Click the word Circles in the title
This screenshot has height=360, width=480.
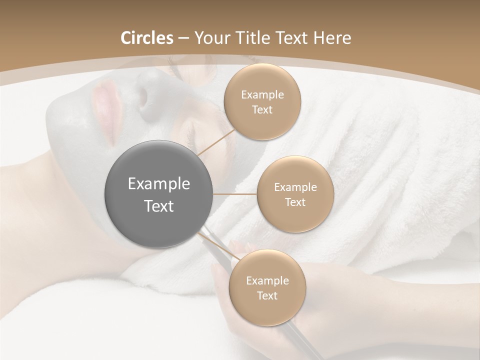(146, 38)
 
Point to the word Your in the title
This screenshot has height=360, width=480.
(212, 38)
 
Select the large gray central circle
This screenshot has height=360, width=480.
(158, 194)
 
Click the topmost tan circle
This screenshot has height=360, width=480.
(262, 102)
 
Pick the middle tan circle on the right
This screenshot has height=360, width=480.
(295, 194)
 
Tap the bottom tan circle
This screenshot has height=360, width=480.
(267, 287)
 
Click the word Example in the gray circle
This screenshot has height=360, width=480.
(158, 184)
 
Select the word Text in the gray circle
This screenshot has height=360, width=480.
(158, 205)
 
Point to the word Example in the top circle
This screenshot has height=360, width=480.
(262, 95)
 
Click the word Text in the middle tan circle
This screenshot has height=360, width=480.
(295, 202)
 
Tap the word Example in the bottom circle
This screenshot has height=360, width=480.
(267, 280)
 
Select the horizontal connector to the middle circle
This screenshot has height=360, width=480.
(235, 194)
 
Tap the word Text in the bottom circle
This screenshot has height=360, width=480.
(267, 295)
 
